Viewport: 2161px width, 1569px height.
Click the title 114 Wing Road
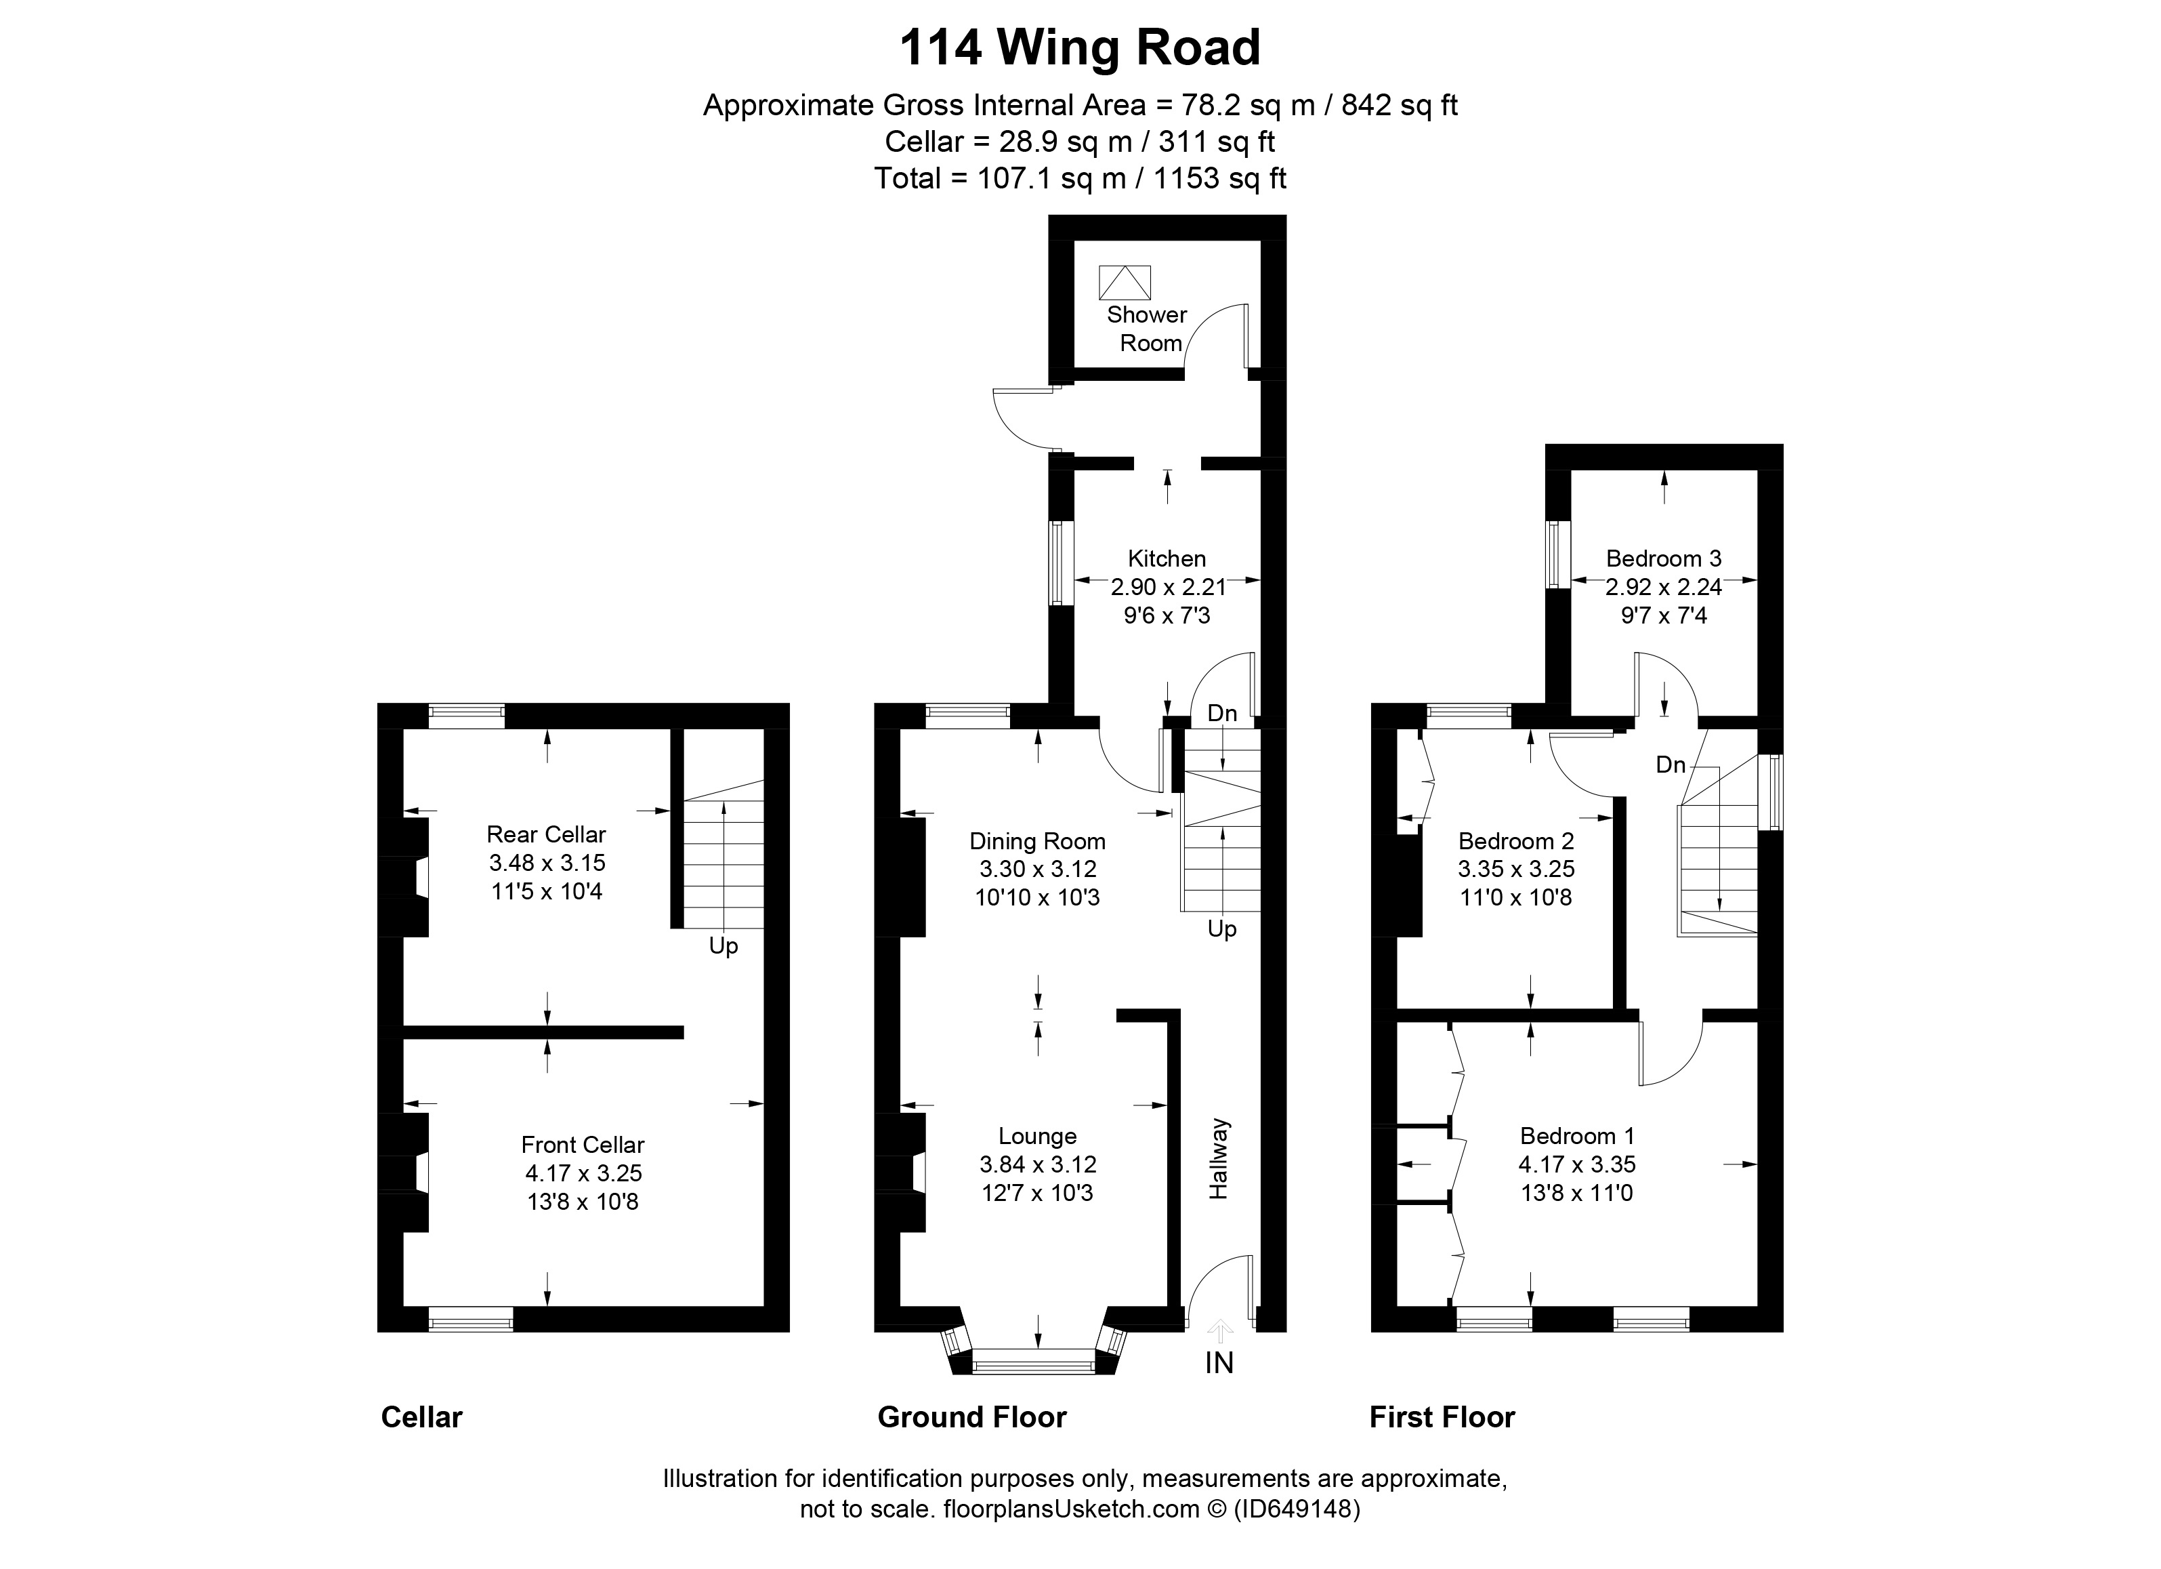[x=1080, y=47]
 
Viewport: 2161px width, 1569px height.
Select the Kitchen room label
[x=1167, y=558]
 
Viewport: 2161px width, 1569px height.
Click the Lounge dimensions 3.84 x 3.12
[x=1038, y=1164]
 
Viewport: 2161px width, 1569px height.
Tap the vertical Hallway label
[x=1219, y=1158]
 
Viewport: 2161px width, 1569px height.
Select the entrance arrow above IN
[x=1219, y=1330]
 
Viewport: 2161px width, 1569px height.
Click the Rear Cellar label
[x=546, y=834]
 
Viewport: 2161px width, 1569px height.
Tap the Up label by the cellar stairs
[x=723, y=947]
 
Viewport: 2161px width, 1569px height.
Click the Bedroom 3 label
[x=1664, y=558]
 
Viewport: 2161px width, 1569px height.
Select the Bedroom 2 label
[x=1516, y=840]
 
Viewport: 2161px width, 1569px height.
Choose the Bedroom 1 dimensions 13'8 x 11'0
[x=1577, y=1192]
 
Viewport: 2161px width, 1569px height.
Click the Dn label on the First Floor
[x=1671, y=765]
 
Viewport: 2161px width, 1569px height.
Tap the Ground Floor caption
[x=972, y=1417]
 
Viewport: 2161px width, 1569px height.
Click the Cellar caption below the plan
[x=421, y=1417]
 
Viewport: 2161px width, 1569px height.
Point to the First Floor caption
[x=1442, y=1417]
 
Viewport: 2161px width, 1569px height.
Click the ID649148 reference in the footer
[x=1297, y=1509]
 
